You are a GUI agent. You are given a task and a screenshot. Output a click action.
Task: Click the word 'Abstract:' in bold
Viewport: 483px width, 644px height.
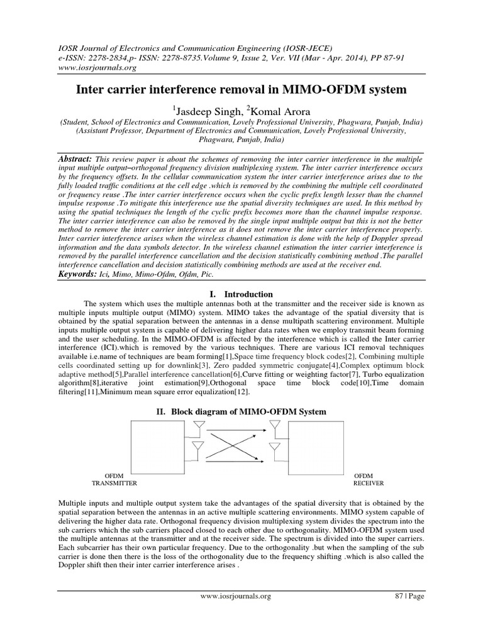coord(75,160)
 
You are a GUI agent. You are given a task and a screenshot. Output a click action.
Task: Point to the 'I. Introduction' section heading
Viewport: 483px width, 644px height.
coord(240,294)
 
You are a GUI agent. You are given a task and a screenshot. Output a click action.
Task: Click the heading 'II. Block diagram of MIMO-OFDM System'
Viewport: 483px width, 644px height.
coord(241,411)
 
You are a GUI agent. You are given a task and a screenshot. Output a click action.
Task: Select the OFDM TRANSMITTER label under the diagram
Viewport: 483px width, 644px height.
coord(114,479)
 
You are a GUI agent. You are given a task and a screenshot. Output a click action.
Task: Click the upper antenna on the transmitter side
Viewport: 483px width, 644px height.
coord(197,429)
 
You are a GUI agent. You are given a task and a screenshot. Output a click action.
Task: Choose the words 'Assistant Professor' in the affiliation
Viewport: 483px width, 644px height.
coord(108,132)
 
